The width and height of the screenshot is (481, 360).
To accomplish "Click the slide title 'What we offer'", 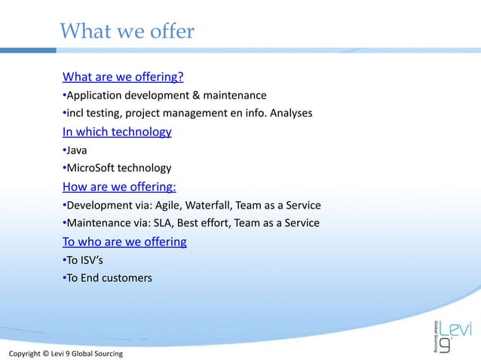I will (x=127, y=32).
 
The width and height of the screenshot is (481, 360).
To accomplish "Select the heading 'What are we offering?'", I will (x=123, y=77).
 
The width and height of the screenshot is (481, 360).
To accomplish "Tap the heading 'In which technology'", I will (x=117, y=132).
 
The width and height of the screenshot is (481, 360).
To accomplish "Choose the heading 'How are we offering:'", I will (x=119, y=187).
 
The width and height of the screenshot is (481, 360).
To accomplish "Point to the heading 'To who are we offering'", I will (x=124, y=242).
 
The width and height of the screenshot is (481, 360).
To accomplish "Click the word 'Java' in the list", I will (x=77, y=151).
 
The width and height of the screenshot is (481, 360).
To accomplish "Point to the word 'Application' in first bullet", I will (x=94, y=96).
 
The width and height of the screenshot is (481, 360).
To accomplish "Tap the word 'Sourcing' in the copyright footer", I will (x=105, y=353).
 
